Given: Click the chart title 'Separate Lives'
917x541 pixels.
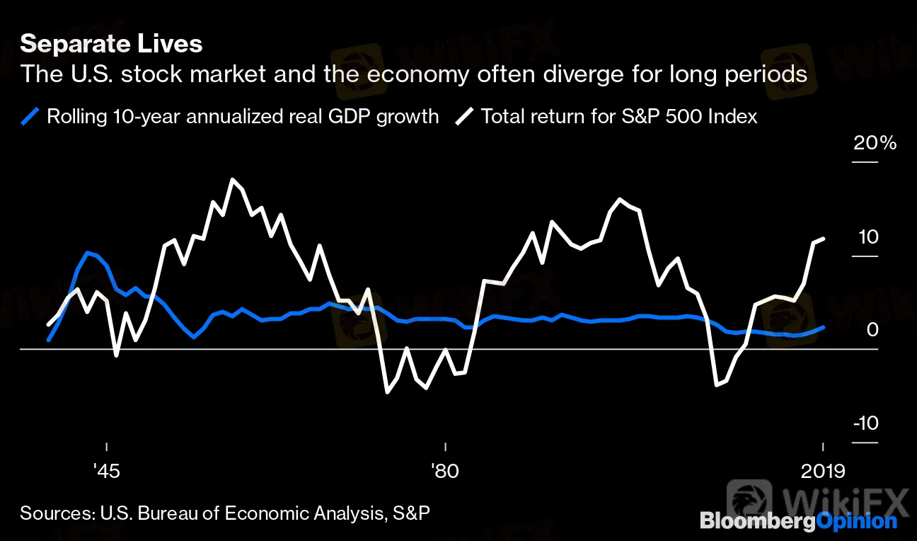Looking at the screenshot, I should pyautogui.click(x=111, y=45).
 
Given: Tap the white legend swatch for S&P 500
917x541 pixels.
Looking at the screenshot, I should pyautogui.click(x=466, y=115).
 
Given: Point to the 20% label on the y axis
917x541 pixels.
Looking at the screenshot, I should pyautogui.click(x=875, y=143).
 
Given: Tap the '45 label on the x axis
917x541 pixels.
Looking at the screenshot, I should pyautogui.click(x=106, y=470).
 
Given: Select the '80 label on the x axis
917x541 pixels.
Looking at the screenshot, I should pyautogui.click(x=445, y=470).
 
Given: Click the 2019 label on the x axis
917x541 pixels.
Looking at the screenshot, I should pyautogui.click(x=823, y=470).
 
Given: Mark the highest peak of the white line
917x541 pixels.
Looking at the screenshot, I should pyautogui.click(x=232, y=179).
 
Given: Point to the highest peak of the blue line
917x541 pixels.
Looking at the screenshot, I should pyautogui.click(x=87, y=252).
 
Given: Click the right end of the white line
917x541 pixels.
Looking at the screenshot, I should pyautogui.click(x=823, y=239).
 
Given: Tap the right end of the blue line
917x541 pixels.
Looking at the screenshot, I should pyautogui.click(x=823, y=327).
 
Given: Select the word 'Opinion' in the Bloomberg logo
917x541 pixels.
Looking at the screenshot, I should pyautogui.click(x=856, y=523).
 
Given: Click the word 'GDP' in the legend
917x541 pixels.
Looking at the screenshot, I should pyautogui.click(x=361, y=115).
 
